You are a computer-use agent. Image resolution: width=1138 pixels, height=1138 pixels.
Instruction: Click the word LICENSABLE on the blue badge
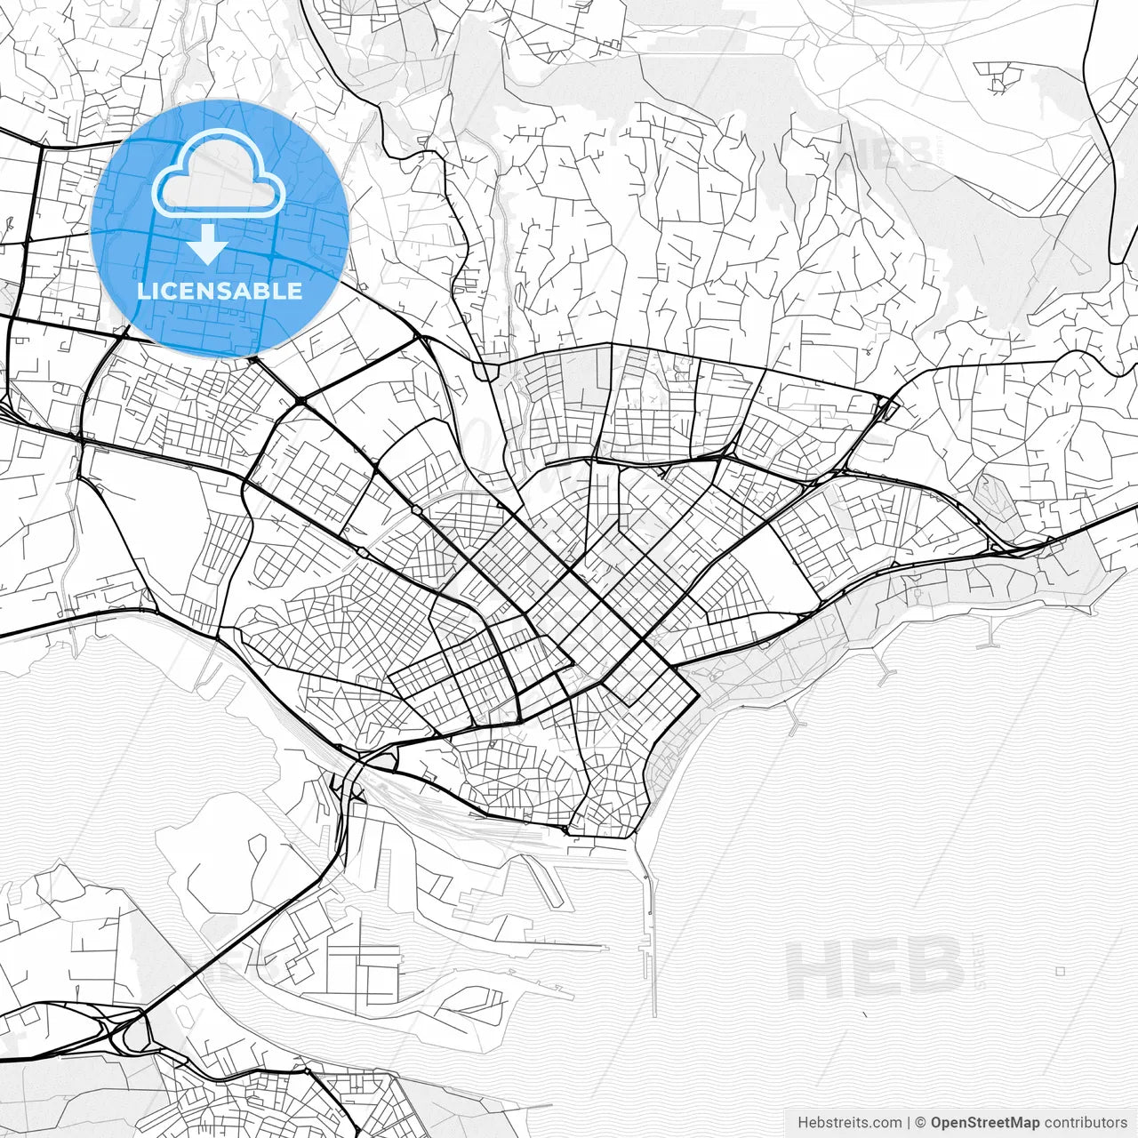click(219, 291)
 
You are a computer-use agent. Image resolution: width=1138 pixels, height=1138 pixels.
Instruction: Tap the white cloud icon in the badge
click(218, 173)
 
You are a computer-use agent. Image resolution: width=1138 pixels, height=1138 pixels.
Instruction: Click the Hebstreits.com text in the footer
click(849, 1122)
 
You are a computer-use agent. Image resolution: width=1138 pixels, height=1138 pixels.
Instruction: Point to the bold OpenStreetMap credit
click(985, 1122)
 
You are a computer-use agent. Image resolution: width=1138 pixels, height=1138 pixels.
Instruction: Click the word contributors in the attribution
click(1086, 1122)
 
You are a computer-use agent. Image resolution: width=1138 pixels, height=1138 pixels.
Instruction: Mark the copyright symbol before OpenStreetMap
click(921, 1122)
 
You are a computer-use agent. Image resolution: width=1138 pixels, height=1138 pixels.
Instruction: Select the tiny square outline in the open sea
click(1060, 971)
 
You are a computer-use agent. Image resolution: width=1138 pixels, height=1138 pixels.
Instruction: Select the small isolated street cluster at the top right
click(1000, 77)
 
